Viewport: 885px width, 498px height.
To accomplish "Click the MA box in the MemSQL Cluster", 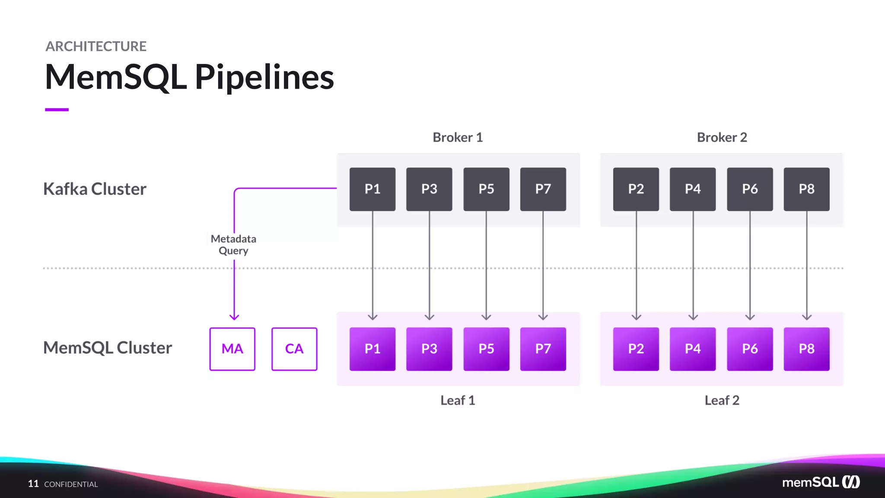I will (x=232, y=349).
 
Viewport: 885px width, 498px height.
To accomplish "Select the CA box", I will (x=294, y=349).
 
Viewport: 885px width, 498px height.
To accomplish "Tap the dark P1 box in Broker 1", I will (x=372, y=189).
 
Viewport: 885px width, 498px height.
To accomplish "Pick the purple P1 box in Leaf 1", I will (x=372, y=349).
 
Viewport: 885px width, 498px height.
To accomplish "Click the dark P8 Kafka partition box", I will (x=806, y=189).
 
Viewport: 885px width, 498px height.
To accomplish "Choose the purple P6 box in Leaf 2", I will (x=750, y=349).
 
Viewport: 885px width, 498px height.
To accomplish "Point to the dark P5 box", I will (x=486, y=189).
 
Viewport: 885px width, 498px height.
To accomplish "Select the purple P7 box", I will (x=543, y=349).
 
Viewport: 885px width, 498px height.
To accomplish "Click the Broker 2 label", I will (x=722, y=137).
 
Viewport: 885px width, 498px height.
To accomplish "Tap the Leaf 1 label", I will (x=458, y=400).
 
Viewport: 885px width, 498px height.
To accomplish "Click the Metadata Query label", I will (x=233, y=245).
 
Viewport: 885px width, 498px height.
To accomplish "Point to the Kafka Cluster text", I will (x=95, y=189).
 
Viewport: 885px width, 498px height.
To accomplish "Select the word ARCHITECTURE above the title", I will (x=96, y=46).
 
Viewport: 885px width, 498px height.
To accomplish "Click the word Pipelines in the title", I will (x=264, y=77).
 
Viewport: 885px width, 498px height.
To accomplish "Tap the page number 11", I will (x=33, y=484).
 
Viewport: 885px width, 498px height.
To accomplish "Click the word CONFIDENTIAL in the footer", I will (x=71, y=484).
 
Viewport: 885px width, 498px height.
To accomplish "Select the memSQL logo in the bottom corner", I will (x=821, y=482).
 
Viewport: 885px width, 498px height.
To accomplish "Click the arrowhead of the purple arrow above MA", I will (x=234, y=317).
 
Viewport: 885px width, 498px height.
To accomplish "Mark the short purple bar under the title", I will (x=57, y=110).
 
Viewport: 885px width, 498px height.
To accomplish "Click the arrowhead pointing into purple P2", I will (x=636, y=317).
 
